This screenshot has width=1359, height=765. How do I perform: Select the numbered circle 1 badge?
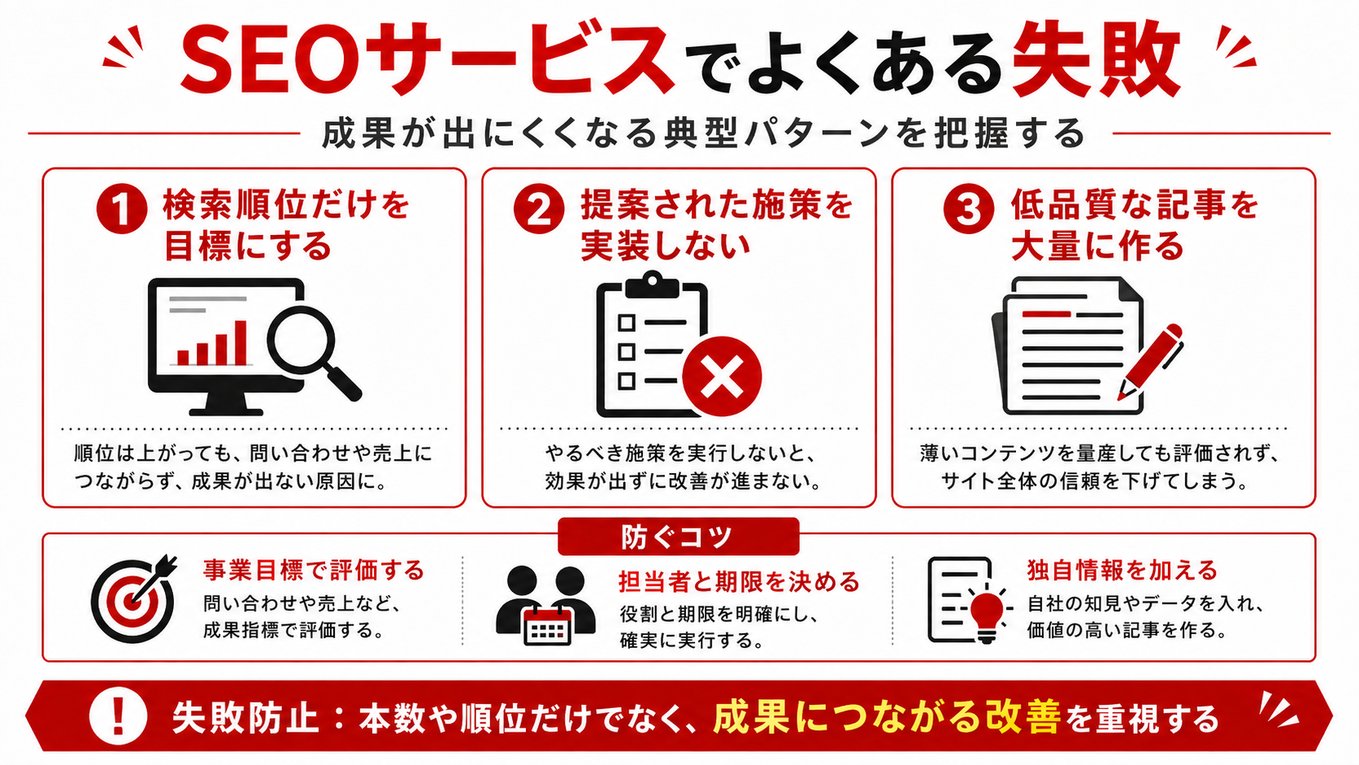[122, 209]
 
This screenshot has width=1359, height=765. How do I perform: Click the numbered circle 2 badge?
[539, 209]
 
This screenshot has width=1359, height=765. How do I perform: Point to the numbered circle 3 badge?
[968, 209]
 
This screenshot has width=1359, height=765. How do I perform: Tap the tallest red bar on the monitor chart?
[241, 342]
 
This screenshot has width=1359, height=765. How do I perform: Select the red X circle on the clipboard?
[722, 376]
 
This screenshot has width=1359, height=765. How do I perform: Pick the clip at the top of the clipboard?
[652, 285]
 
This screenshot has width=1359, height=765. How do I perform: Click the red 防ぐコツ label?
[679, 537]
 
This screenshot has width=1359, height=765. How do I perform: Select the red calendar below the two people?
[547, 625]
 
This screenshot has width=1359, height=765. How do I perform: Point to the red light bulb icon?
[987, 614]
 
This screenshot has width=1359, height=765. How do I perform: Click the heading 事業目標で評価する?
[315, 570]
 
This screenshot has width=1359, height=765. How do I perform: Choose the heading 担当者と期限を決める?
[740, 581]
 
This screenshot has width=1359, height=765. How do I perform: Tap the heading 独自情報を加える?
[1122, 570]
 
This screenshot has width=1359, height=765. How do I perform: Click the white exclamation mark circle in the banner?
[119, 716]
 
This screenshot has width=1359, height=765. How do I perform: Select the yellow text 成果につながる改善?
[887, 717]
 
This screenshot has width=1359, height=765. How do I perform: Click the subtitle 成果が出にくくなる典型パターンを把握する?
[704, 133]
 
